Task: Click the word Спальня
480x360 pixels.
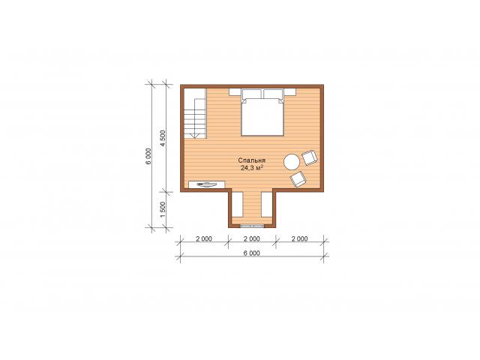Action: coord(252,160)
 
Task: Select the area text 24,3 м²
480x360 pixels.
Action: coord(252,168)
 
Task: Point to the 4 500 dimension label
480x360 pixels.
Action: coord(163,138)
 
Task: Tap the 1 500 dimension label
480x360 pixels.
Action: coord(163,210)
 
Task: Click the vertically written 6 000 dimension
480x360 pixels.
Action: coord(148,157)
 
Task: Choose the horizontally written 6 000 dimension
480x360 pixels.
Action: coord(252,253)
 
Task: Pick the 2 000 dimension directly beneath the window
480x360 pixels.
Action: coord(252,238)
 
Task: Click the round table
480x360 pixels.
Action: coord(292,162)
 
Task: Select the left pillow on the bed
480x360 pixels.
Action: coord(252,94)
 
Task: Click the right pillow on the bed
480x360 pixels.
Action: coord(273,94)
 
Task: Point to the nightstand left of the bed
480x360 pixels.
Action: coord(235,92)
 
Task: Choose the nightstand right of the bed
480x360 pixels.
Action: coord(290,92)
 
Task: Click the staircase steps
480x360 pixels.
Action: coord(195,114)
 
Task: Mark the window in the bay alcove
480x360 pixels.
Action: coord(252,226)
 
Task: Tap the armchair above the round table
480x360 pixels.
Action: coord(310,157)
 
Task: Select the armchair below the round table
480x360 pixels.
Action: coord(298,179)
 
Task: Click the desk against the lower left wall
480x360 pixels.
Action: coord(207,184)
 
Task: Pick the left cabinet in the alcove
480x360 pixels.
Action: coord(237,204)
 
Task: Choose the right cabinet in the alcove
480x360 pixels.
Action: coord(267,204)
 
